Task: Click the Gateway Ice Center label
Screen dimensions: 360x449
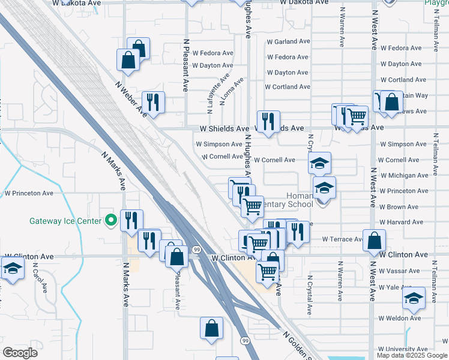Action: [x=65, y=221]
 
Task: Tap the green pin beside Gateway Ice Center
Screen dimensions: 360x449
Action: [x=110, y=221]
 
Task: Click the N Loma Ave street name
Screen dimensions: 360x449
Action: [x=232, y=91]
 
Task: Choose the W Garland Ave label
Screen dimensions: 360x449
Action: [x=288, y=42]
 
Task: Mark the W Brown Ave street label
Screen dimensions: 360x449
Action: [x=403, y=207]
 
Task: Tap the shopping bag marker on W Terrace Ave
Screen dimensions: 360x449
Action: [x=374, y=240]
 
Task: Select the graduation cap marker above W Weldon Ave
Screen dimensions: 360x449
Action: [x=414, y=298]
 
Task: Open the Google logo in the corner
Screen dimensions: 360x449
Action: [x=20, y=352]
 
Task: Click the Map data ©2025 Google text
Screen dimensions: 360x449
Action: [x=412, y=355]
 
